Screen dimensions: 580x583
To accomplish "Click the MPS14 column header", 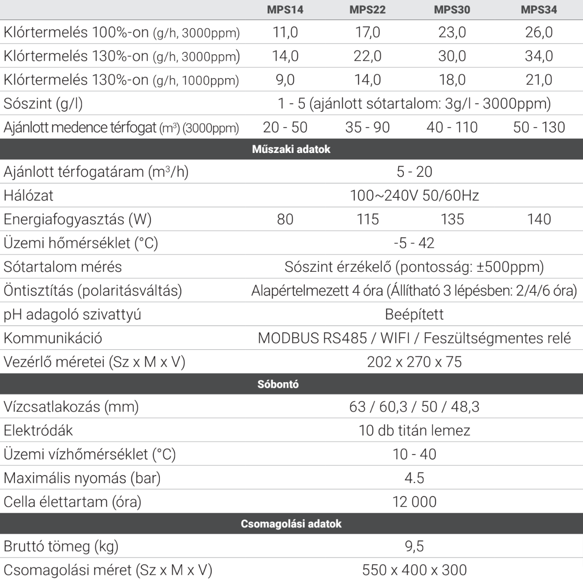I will pos(285,10).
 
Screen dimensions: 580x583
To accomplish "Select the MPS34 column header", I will pos(539,10).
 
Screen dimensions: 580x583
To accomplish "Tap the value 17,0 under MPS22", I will pos(367,32).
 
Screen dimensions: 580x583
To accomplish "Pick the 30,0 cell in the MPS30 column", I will pos(452,56).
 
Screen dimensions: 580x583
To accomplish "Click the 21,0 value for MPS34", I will pos(539,80).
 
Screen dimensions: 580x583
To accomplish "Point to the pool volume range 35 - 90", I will pos(367,127).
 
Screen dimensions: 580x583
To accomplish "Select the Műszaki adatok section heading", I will pos(291,150).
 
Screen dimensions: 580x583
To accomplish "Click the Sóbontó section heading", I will pos(278,384).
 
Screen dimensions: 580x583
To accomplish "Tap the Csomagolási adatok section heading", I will pos(291,524).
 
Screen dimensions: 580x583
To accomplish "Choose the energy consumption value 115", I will pos(367,219).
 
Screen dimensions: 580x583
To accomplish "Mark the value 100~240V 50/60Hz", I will pos(414,196).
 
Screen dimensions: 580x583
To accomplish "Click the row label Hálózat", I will pos(29,196).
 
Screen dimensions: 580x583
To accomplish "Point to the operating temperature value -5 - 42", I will pos(414,243).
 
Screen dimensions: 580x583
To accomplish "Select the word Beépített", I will pos(414,314).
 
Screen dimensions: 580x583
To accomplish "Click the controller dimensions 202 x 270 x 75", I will pos(414,362).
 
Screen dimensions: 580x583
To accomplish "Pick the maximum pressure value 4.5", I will pos(414,478).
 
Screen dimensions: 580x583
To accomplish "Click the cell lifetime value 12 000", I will pos(414,502).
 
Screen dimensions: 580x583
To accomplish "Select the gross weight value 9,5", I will pos(414,546).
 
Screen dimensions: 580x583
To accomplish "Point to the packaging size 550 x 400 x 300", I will pos(414,570).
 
